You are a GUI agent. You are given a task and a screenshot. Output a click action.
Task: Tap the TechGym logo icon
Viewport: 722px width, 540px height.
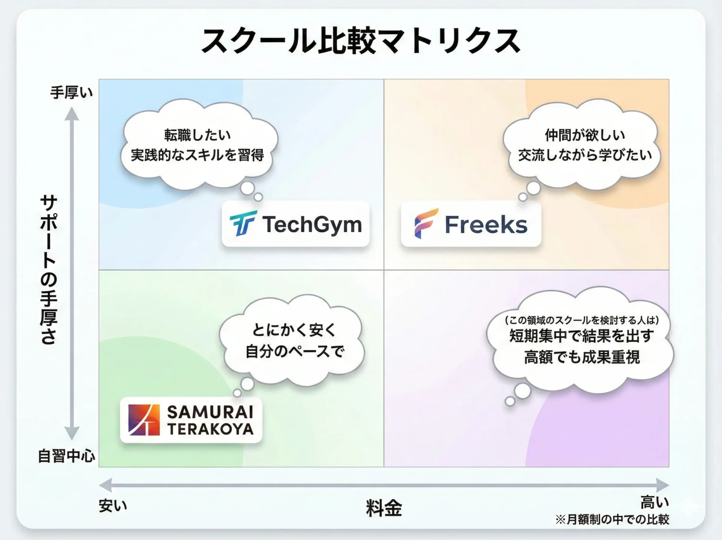[243, 223]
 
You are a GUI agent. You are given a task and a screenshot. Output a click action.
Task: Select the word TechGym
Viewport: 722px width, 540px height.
[312, 225]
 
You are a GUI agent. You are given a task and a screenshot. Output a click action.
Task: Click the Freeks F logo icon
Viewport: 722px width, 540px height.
[426, 224]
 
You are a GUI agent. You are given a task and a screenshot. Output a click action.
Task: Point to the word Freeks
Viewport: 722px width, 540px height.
[486, 225]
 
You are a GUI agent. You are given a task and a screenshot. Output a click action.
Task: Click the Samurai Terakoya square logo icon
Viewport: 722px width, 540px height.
[144, 420]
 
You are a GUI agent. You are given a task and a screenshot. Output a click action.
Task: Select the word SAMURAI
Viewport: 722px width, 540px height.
[210, 412]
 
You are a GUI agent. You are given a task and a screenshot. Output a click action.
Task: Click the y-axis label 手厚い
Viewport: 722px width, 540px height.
[71, 92]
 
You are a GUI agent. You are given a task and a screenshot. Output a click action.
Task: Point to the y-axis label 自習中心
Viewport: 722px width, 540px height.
[67, 456]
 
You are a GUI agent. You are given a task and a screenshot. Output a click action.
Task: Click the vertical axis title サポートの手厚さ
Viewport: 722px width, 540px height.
[49, 270]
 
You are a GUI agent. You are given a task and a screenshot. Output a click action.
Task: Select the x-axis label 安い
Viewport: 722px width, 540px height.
[113, 505]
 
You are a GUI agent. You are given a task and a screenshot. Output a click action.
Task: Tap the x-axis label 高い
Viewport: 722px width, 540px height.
[655, 502]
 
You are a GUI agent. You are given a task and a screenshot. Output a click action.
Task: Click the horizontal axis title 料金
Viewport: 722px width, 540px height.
[384, 508]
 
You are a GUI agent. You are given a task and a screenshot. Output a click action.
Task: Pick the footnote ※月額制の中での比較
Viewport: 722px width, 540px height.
[612, 520]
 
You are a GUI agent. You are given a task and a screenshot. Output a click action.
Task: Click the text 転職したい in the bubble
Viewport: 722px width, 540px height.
[197, 135]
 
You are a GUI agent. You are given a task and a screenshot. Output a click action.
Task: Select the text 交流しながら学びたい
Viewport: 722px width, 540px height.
[585, 155]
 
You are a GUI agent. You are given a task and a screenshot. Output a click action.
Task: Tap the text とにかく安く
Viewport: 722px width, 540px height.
[294, 330]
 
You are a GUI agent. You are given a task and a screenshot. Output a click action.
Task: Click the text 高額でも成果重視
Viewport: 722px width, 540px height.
[582, 357]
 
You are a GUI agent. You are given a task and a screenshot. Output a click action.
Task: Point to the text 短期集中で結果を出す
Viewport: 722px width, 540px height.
[582, 336]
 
